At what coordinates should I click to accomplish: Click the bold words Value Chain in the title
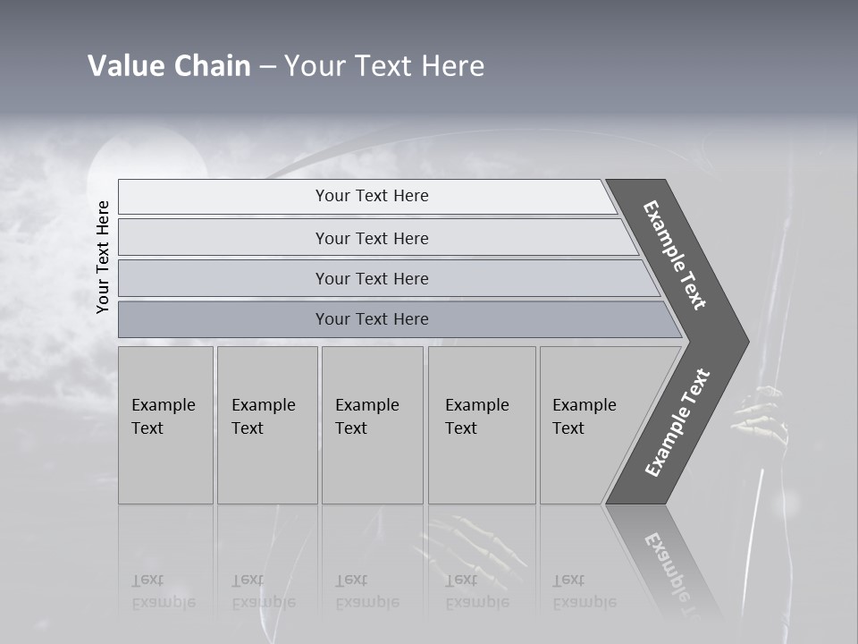click(x=169, y=66)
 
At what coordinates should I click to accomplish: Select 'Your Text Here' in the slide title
click(x=384, y=66)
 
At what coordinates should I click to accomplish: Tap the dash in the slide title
click(x=267, y=67)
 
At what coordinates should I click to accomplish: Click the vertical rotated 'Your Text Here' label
click(x=103, y=257)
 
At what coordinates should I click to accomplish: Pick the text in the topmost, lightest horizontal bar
click(x=372, y=196)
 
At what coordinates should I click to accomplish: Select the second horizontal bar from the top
click(x=372, y=238)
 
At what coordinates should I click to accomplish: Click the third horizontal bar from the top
click(x=372, y=278)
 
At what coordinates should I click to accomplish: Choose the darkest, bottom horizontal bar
click(x=372, y=319)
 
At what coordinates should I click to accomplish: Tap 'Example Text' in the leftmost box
click(x=163, y=417)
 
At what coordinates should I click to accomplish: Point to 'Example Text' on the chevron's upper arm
click(x=675, y=255)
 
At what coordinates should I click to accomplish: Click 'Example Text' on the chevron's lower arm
click(x=677, y=423)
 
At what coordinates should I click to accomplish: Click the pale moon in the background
click(x=147, y=161)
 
